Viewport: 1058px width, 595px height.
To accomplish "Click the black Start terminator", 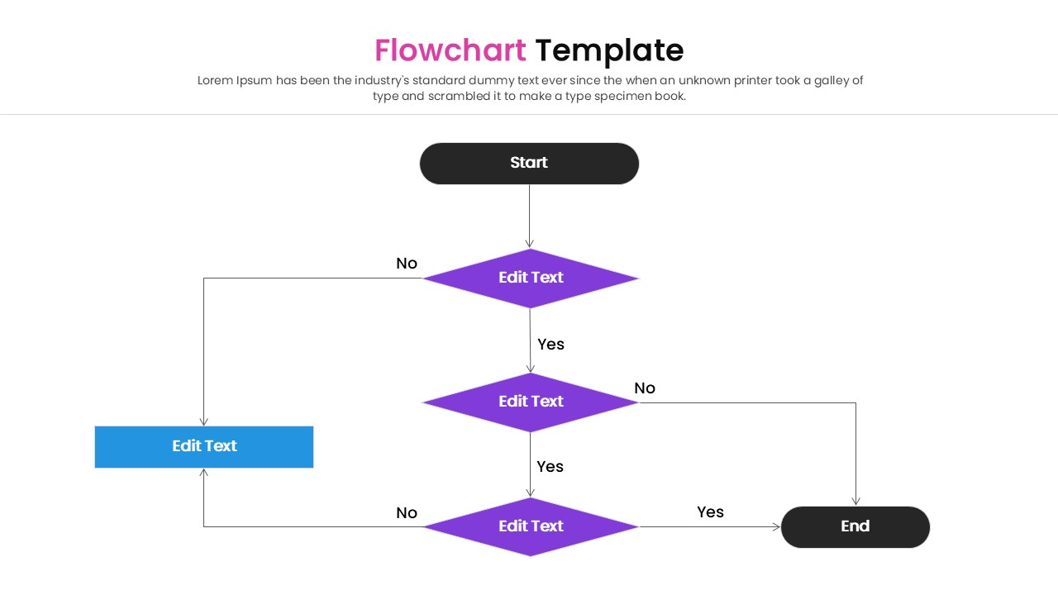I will pos(529,163).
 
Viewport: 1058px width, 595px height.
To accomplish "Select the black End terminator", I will pos(855,526).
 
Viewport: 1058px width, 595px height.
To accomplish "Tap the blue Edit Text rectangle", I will pos(204,446).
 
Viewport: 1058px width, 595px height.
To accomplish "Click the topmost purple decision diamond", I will pos(531,278).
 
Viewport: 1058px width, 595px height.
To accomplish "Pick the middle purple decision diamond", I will pos(531,402).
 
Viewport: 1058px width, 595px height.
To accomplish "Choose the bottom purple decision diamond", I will pos(531,526).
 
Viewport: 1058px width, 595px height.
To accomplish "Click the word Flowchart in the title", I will pos(450,50).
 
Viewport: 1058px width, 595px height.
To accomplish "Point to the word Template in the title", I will pos(609,50).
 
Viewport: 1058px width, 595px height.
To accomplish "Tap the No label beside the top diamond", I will pos(407,264).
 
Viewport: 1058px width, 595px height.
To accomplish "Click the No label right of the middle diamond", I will pos(645,388).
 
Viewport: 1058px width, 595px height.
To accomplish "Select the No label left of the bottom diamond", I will pos(407,513).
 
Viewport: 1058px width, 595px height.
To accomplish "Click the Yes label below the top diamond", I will pos(550,345).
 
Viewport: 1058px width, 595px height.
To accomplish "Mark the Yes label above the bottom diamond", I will pos(550,467).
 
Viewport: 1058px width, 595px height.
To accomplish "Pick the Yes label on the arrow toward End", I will pos(710,512).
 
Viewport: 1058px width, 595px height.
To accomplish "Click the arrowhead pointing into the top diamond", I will pos(530,244).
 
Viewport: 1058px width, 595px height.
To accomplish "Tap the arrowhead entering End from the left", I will pos(776,526).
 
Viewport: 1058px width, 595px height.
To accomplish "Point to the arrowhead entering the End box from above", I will pos(855,501).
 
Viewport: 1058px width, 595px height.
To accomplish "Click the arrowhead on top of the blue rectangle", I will pos(203,421).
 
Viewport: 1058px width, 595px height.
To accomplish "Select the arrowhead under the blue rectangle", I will pos(203,473).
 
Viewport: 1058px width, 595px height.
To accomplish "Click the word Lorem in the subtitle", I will pos(215,80).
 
